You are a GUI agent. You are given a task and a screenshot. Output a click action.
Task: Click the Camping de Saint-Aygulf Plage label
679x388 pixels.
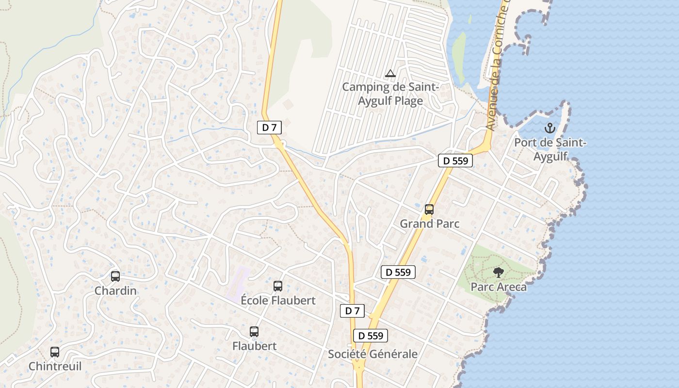(390, 94)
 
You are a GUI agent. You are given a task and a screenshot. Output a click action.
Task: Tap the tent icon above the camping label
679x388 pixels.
(390, 74)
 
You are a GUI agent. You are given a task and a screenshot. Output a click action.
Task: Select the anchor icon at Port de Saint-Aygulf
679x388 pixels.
(550, 129)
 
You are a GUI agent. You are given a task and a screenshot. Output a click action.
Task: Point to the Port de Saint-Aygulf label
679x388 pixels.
(550, 149)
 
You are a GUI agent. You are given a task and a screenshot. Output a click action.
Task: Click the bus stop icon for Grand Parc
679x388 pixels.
(429, 210)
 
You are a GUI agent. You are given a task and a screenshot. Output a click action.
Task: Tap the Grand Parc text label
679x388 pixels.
(429, 224)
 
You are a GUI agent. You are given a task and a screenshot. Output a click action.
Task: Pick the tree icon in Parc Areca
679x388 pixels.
(498, 273)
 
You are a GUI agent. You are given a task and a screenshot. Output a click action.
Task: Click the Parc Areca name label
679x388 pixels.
(499, 287)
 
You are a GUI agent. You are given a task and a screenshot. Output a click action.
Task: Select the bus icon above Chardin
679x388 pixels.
(115, 276)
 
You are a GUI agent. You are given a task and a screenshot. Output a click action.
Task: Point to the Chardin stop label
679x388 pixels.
(115, 291)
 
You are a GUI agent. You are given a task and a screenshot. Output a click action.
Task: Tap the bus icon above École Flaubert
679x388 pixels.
(278, 286)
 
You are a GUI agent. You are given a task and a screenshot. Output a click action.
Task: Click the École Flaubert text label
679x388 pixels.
(278, 300)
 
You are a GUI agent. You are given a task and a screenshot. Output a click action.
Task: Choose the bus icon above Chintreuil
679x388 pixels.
(55, 352)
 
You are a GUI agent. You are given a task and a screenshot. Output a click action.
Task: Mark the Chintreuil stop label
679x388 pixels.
(55, 366)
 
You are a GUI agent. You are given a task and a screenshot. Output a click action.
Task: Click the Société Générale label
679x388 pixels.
(372, 354)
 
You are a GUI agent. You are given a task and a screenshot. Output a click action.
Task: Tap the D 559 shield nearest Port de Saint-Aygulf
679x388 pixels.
(455, 161)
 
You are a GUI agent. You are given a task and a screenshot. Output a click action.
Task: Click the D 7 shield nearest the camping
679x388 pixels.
(269, 128)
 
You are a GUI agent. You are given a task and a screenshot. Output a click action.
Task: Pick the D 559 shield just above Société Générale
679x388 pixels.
(371, 335)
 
